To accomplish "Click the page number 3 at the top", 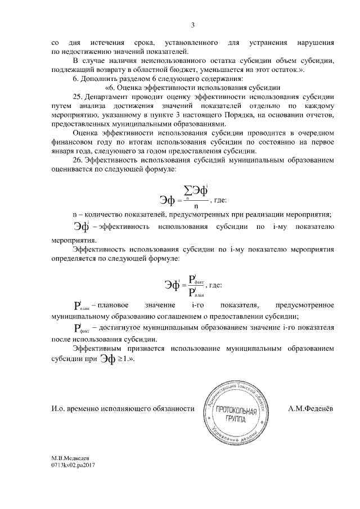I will pos(192,24).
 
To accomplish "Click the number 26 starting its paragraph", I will pos(78,160).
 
